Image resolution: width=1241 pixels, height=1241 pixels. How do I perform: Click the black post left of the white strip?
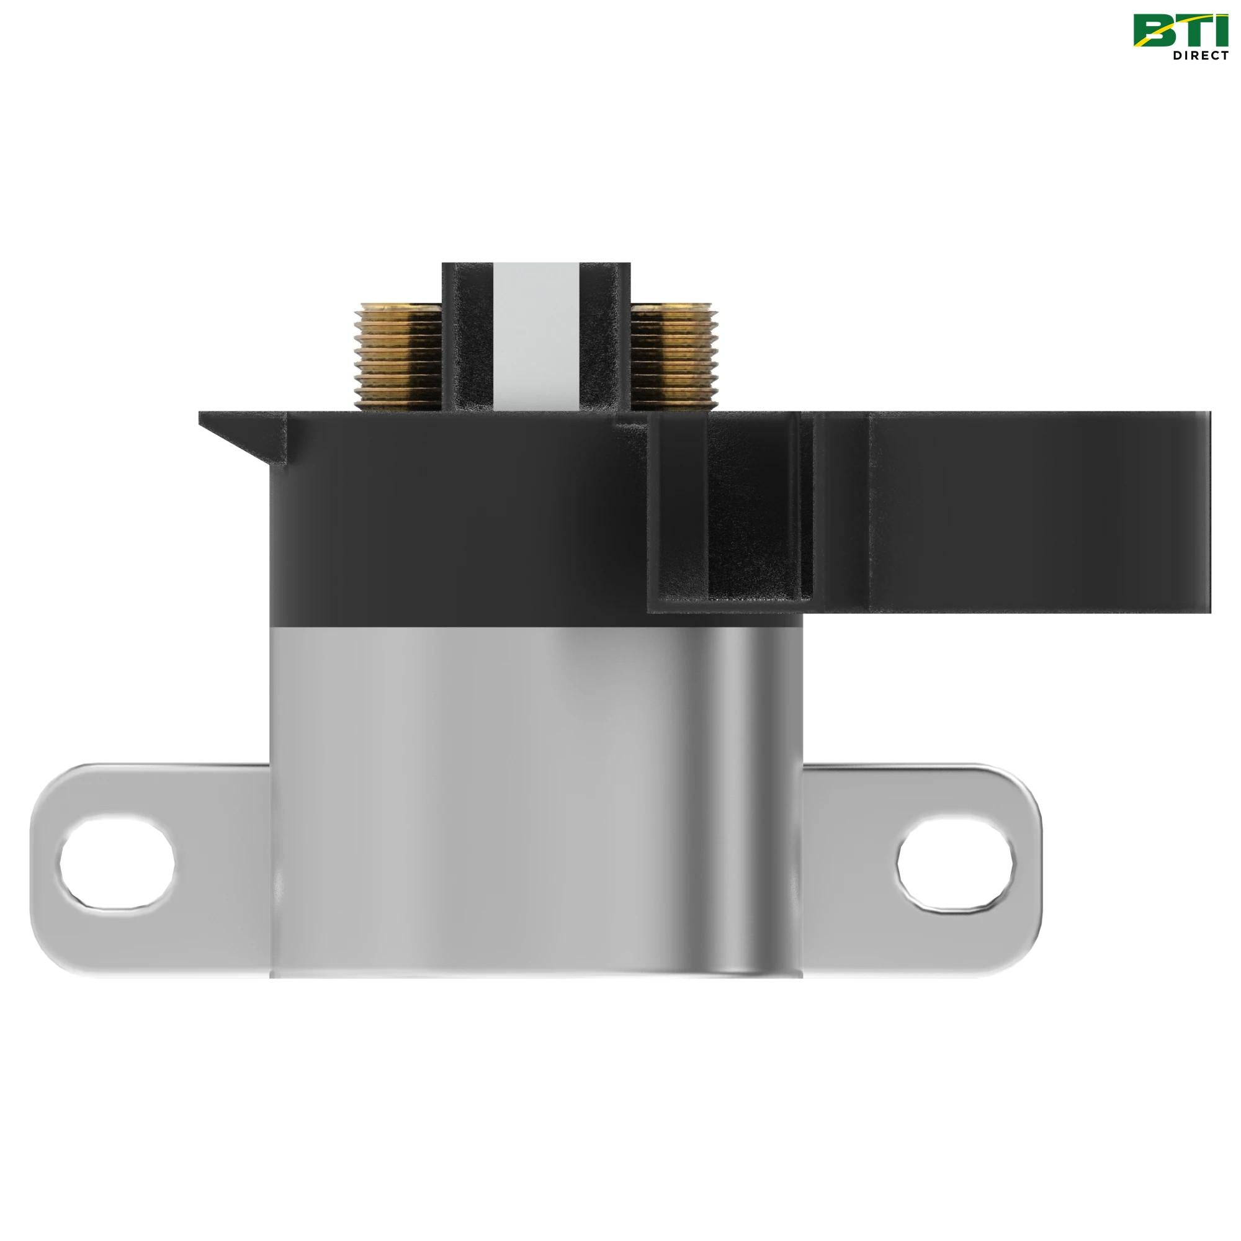pos(468,337)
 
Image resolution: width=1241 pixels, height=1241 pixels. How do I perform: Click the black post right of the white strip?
pos(604,337)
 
